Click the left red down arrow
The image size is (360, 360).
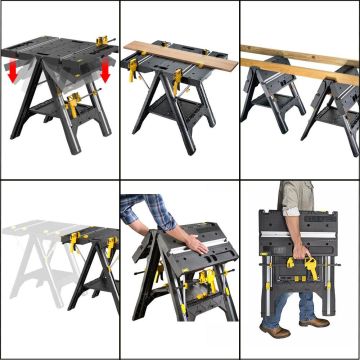pos(13,73)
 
